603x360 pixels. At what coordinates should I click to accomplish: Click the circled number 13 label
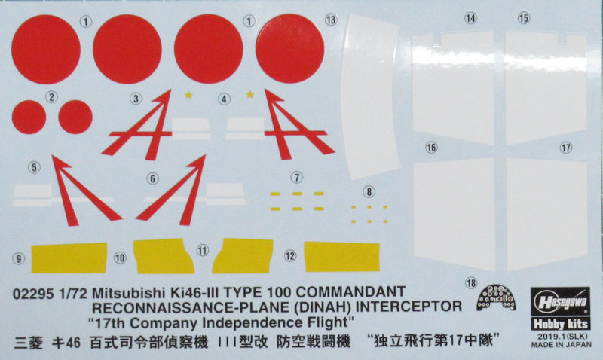331,20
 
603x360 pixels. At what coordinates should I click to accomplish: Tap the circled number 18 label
470,283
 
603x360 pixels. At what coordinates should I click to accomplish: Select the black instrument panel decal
496,297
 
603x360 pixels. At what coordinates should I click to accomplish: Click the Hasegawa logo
560,302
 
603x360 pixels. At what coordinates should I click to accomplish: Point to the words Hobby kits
560,324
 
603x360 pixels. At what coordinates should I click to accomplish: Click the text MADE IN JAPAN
561,345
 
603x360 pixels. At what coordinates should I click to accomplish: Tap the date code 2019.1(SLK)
562,336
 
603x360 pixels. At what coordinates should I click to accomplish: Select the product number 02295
33,294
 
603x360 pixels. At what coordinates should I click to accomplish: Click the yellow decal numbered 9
69,258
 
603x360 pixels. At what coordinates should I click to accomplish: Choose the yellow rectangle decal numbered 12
342,256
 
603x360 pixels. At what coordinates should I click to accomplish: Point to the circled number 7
296,178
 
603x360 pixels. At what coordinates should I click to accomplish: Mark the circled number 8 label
369,192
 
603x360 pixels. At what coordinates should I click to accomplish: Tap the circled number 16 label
431,148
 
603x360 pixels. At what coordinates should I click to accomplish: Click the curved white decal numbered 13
370,96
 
